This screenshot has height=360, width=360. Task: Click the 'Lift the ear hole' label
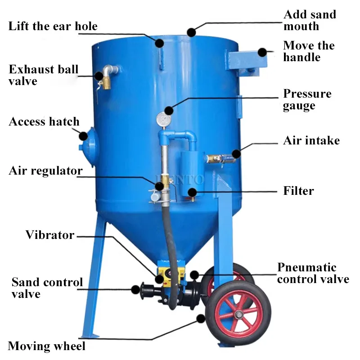pos(53,26)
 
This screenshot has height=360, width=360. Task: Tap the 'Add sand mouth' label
pos(310,20)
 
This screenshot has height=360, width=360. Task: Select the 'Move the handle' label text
pos(309,51)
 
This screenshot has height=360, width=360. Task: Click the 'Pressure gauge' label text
pos(307,99)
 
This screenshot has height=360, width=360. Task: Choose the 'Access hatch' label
pos(44,121)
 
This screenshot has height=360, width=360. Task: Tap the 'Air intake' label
pos(311,140)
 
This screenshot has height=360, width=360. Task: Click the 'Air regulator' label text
pos(45,171)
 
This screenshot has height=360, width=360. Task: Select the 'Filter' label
pos(298,191)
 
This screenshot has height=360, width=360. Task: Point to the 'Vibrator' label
pos(49,234)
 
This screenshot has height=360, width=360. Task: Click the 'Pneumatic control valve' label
pos(313,273)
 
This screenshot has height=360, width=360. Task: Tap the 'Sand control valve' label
pos(47,288)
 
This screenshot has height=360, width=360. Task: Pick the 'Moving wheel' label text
pos(46,346)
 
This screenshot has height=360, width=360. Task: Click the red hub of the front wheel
pos(238,310)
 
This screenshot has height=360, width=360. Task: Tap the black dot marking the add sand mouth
pos(191,32)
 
